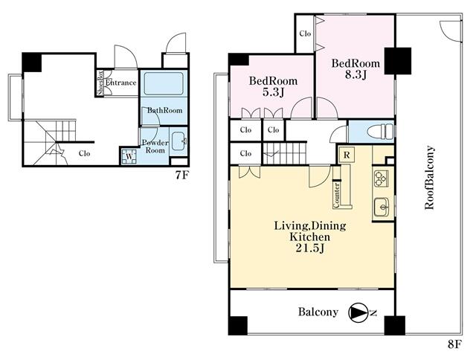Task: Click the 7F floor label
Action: click(x=182, y=176)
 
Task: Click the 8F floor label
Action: click(x=454, y=344)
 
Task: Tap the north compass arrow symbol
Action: click(x=358, y=312)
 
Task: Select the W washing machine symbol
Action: click(x=129, y=157)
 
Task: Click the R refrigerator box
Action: click(x=347, y=155)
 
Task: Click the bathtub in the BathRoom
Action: click(x=164, y=83)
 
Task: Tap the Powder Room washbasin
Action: click(x=178, y=141)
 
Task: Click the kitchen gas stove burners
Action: click(x=381, y=179)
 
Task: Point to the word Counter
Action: click(x=336, y=196)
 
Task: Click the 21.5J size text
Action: click(x=310, y=248)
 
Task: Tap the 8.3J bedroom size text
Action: click(x=356, y=74)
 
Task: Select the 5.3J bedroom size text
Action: click(x=273, y=92)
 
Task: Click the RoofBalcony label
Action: click(x=429, y=178)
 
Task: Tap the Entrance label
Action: click(x=120, y=83)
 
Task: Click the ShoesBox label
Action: click(x=100, y=83)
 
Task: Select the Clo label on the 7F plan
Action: click(x=84, y=153)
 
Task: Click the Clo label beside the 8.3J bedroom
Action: click(x=305, y=33)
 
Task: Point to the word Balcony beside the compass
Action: click(x=318, y=312)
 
